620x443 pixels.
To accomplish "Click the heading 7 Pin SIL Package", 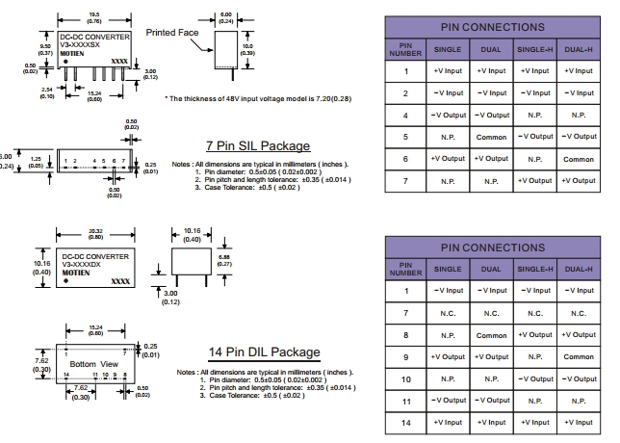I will pos(257,145).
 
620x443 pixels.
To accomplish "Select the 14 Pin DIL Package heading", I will pos(264,352).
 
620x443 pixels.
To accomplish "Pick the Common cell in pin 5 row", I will pos(491,137).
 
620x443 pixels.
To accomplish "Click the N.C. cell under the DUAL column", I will pos(491,312).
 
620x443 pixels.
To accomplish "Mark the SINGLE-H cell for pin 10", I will pos(534,378).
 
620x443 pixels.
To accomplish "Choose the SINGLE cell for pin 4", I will pos(449,116).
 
